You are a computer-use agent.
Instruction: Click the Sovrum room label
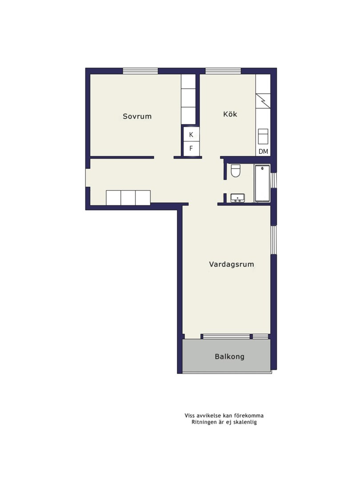137,116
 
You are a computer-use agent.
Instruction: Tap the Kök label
230,114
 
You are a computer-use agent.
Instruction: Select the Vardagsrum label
232,264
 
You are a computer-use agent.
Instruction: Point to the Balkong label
230,356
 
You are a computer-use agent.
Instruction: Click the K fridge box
191,135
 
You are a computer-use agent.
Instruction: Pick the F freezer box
191,148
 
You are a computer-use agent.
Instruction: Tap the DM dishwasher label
263,152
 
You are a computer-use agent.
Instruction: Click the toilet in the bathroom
236,171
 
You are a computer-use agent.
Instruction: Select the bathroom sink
237,198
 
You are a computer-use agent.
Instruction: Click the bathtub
262,184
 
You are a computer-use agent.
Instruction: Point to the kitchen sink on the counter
263,136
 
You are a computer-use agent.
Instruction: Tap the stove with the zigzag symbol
263,101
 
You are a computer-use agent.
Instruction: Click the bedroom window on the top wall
140,71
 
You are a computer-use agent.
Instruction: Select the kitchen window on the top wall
223,71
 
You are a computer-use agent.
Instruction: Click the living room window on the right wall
274,240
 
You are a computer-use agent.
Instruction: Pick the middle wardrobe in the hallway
128,198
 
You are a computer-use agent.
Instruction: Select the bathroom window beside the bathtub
274,180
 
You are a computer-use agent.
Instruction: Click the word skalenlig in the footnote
245,423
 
